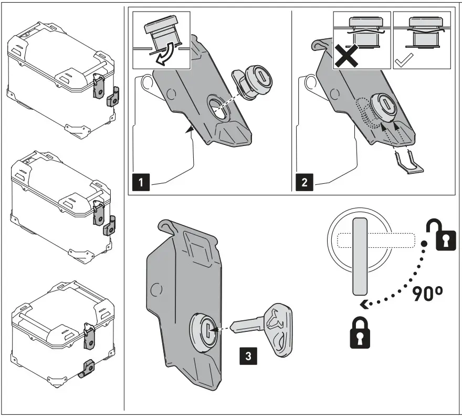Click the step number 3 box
tap(248, 355)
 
